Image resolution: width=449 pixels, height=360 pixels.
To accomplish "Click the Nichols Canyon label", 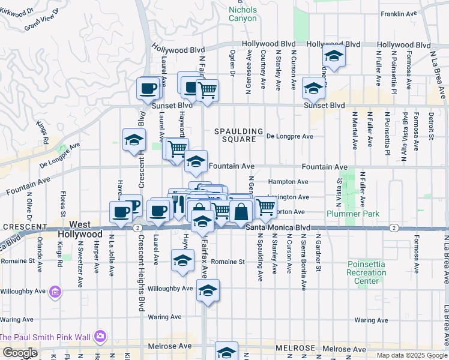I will coord(243,14).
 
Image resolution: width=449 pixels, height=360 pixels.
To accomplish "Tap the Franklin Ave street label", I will coord(397,13).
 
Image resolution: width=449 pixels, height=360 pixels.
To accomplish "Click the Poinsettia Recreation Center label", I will coord(366,273).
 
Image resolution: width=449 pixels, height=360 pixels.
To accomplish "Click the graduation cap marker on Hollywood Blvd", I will coord(334,56).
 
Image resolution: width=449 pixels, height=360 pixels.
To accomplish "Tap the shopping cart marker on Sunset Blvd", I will coord(207,91).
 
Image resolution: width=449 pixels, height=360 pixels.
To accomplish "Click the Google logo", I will coord(20,353).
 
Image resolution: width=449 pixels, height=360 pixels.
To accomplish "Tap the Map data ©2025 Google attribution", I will coord(411,355).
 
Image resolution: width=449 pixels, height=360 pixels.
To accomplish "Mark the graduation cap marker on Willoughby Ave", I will coord(208,290).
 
